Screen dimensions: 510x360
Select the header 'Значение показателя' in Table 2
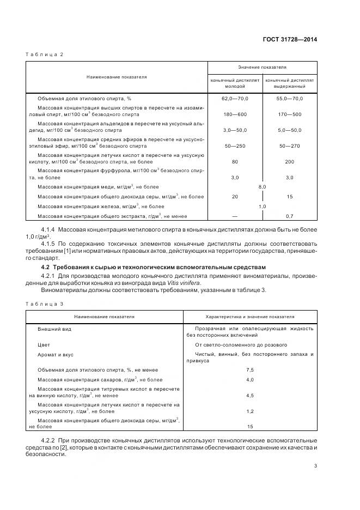tap(262, 68)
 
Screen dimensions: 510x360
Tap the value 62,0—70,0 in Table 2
tap(235, 98)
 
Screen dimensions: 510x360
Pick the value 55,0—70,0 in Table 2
tap(290, 98)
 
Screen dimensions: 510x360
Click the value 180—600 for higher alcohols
tap(235, 114)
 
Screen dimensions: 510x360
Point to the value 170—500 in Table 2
tap(290, 114)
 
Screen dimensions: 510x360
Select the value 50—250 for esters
tap(235, 146)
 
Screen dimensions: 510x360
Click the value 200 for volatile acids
tap(290, 162)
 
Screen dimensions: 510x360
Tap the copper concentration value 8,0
tap(262, 187)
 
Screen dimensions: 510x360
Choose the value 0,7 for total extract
tap(290, 216)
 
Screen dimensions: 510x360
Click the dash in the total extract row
tap(235, 216)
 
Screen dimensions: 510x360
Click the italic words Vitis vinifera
tap(185, 283)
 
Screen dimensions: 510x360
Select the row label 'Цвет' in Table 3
tap(44, 345)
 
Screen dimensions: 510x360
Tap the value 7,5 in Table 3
tap(250, 369)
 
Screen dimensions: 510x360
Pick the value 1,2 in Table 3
tap(250, 411)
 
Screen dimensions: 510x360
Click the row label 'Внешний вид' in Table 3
tap(54, 329)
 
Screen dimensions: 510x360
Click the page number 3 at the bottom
tap(315, 465)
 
